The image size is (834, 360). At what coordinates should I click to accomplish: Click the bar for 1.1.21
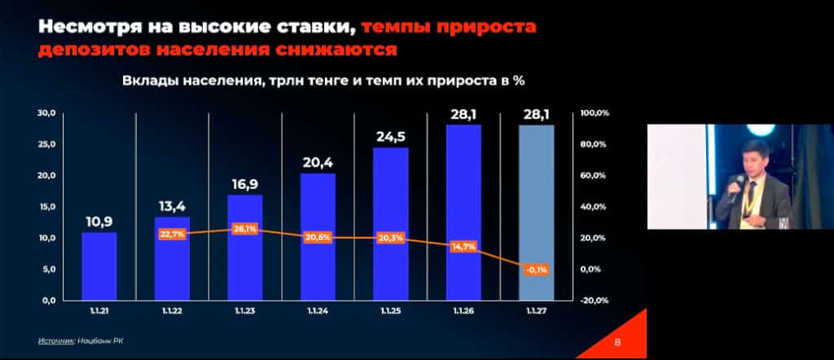(99, 266)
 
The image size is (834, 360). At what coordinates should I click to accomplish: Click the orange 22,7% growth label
(172, 235)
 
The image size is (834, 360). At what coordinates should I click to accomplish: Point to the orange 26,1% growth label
(245, 229)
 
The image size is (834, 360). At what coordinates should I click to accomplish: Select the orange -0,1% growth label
(537, 270)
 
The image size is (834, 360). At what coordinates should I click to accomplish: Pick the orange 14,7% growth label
(463, 246)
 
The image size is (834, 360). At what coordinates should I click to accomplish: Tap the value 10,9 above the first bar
(99, 221)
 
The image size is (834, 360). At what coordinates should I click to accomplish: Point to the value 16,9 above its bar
(245, 183)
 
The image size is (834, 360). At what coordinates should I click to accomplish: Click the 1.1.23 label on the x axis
(245, 311)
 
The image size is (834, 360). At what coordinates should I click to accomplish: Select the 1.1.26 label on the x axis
(463, 311)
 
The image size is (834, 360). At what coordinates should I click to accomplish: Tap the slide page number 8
(617, 342)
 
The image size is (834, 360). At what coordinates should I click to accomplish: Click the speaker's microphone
(733, 189)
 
